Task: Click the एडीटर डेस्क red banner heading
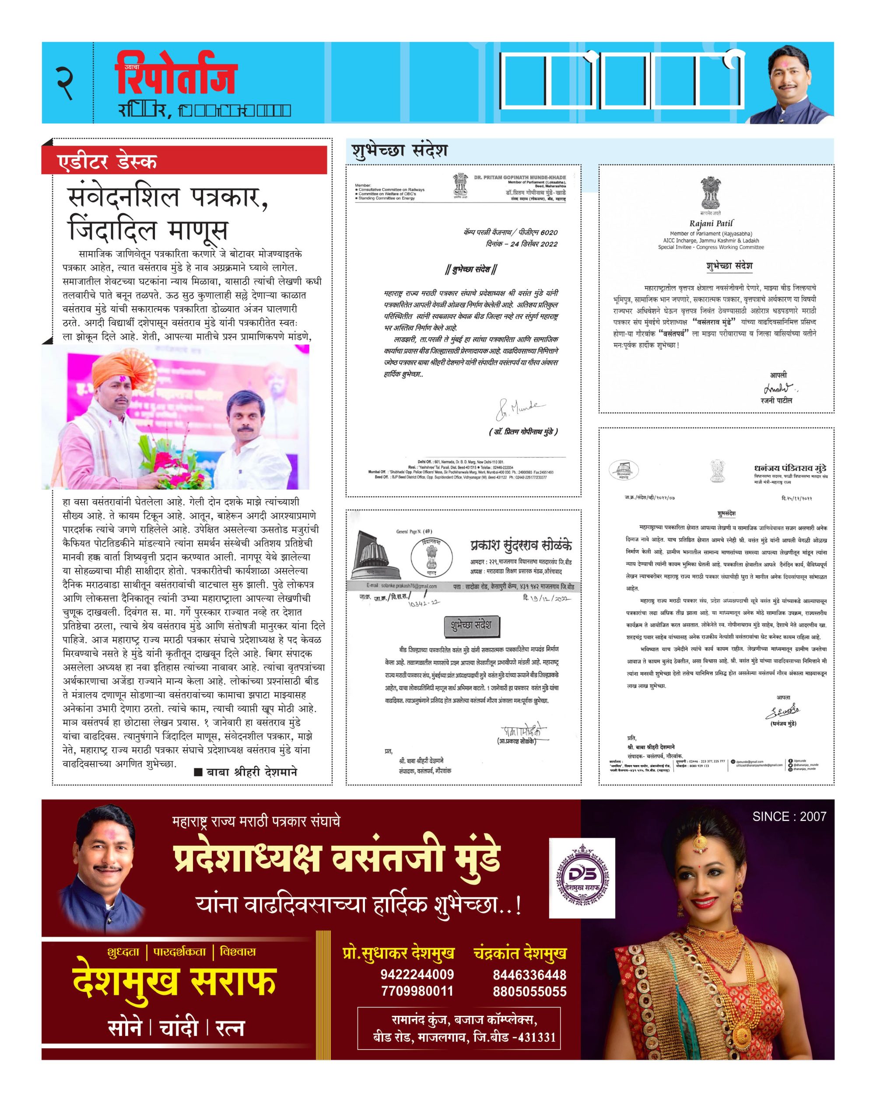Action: pos(108,161)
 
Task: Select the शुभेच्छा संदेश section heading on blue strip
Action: pos(399,151)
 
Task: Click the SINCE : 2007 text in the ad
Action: pos(789,816)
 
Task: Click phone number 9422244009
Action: pos(417,974)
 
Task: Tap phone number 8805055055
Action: pos(530,991)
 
